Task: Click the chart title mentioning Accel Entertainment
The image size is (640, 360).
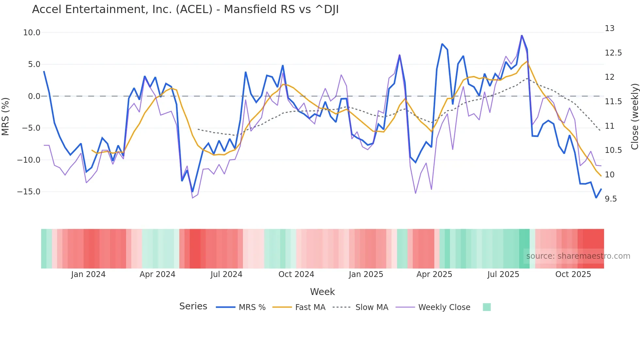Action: (185, 9)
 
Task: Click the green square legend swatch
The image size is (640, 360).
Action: (487, 307)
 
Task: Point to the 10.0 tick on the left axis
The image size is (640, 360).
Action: (32, 33)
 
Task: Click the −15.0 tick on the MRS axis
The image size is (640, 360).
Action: (29, 192)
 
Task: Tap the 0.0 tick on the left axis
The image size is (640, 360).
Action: (34, 96)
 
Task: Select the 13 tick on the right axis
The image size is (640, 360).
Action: (610, 28)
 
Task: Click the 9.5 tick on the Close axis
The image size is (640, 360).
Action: (611, 199)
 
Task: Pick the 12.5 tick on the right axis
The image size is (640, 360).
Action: (613, 53)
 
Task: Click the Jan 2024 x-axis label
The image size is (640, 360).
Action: (88, 274)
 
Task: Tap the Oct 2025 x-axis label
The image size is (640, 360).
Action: (573, 274)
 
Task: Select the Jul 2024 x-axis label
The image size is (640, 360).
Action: (226, 274)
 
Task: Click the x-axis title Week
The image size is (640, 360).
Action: (322, 292)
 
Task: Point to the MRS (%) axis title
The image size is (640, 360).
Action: (6, 116)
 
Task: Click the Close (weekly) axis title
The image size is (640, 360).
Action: (634, 116)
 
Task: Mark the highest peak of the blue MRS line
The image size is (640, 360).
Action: (521, 36)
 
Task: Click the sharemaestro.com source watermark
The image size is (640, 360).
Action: (578, 256)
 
